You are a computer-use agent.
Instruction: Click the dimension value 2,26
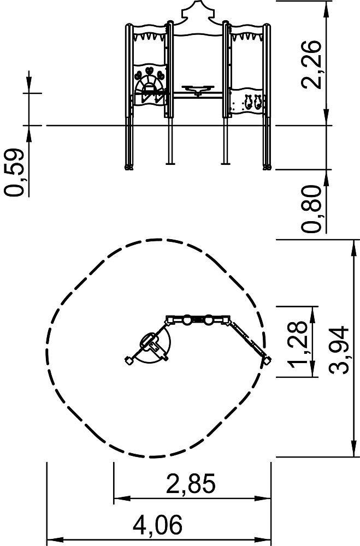tap(311, 65)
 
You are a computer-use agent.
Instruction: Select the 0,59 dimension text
tap(14, 173)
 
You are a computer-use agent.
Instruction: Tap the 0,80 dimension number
tap(311, 209)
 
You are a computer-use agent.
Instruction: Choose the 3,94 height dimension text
tap(339, 350)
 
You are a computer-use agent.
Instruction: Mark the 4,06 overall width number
tap(157, 525)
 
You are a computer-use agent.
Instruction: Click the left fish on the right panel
tap(248, 102)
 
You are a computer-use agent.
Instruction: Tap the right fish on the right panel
tap(257, 102)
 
